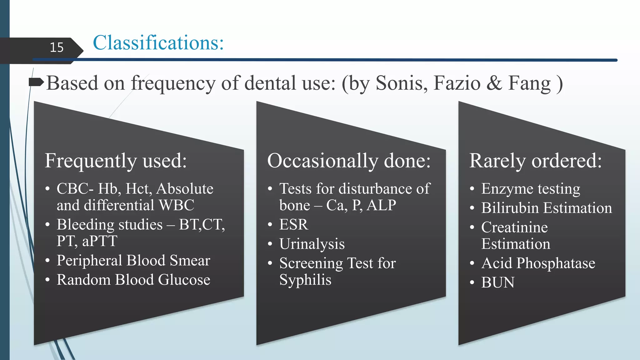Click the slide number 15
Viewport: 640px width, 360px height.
57,47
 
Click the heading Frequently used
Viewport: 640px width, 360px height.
116,161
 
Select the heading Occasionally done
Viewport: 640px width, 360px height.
349,161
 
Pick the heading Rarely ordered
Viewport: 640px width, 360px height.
535,161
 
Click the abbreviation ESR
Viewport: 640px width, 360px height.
293,225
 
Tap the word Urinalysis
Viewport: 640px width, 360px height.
312,244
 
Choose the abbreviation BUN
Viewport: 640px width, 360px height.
497,283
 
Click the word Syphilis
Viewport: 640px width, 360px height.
305,280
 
